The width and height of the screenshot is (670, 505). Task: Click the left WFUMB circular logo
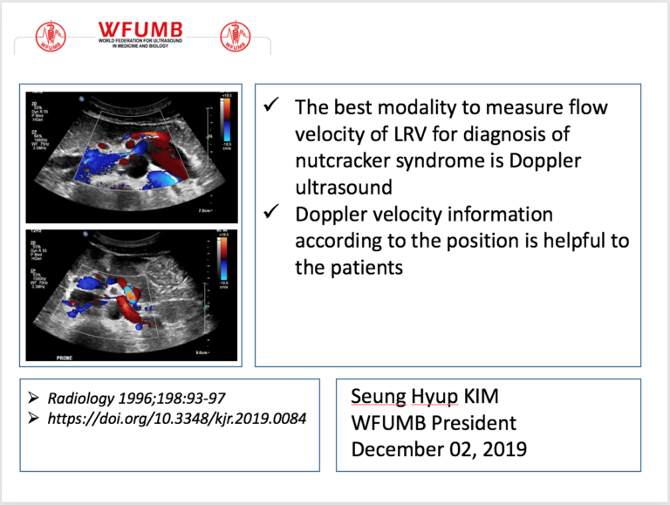[50, 36]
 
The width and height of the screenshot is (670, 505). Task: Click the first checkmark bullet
[271, 106]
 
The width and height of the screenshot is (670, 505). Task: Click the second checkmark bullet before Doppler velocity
[271, 214]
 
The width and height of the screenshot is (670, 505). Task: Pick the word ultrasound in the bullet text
[339, 188]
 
